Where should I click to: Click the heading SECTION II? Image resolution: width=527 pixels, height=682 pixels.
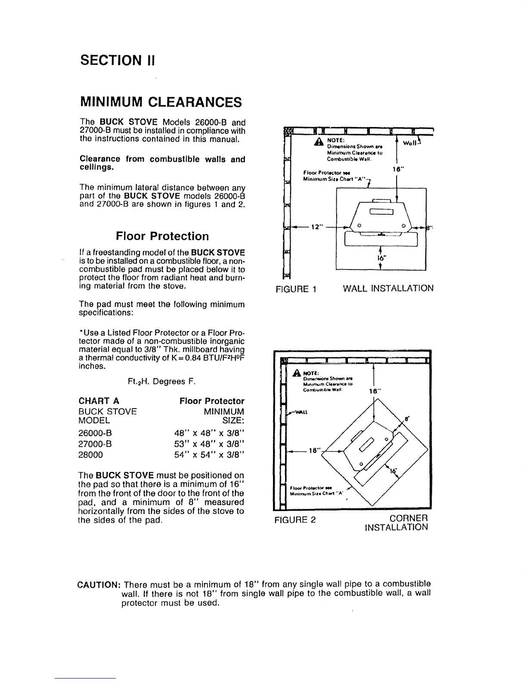pos(117,61)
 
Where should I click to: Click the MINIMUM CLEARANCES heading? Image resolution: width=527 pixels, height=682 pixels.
pos(161,102)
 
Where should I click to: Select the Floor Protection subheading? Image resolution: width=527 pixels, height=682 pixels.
pos(162,236)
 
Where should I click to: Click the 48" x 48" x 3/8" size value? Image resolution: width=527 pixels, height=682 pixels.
pos(208,433)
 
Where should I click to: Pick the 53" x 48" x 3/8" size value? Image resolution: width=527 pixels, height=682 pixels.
pos(208,443)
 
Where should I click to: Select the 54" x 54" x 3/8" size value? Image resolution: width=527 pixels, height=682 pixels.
pos(208,454)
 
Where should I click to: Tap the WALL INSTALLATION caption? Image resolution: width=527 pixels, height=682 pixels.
pos(388,288)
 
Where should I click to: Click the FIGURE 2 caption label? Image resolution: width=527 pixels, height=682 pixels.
pos(295,520)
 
